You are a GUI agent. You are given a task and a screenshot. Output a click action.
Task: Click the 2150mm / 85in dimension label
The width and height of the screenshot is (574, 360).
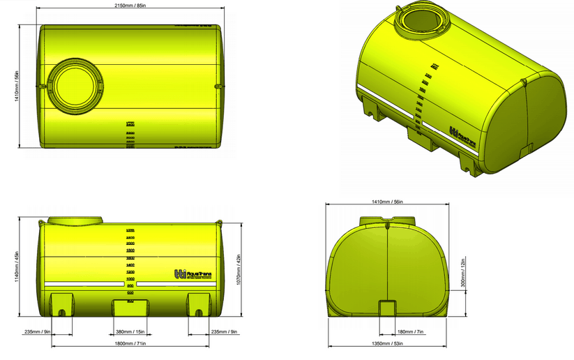tap(130, 6)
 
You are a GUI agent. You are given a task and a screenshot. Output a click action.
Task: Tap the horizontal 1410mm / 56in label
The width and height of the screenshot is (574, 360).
tap(388, 202)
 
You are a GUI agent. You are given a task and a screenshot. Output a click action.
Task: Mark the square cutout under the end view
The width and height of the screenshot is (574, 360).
tap(387, 309)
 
